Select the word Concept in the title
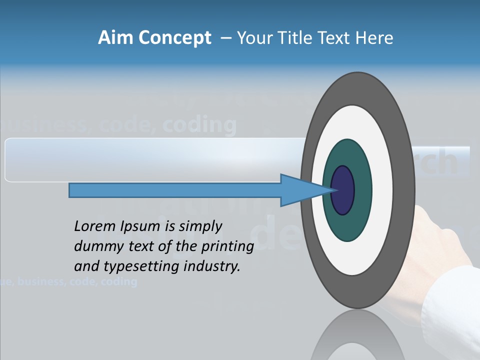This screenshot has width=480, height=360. (x=175, y=38)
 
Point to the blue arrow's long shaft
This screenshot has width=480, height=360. (x=175, y=190)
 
